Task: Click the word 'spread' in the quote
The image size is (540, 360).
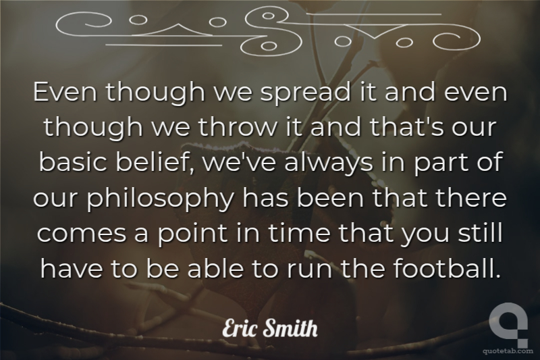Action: [304, 93]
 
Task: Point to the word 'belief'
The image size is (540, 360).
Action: [155, 162]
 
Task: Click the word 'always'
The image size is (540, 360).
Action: [329, 163]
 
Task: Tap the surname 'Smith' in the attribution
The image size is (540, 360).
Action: [290, 328]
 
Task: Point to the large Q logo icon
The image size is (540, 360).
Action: [508, 323]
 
